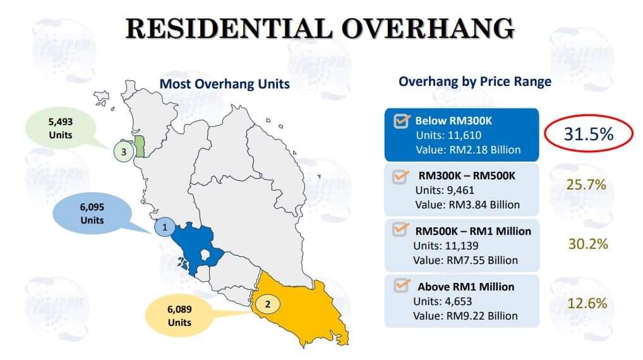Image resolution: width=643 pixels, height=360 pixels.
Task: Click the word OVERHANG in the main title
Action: (x=428, y=28)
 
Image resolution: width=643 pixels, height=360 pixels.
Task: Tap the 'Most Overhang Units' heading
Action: (x=224, y=84)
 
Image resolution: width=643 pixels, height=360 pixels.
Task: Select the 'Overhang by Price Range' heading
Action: (x=475, y=81)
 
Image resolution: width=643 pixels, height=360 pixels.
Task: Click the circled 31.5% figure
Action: (x=589, y=134)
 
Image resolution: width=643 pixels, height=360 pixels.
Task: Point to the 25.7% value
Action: (x=586, y=184)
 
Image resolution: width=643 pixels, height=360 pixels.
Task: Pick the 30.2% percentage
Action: (x=587, y=244)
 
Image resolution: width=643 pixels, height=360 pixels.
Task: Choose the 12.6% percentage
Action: (x=587, y=303)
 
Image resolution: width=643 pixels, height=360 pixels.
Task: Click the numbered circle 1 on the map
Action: (x=165, y=227)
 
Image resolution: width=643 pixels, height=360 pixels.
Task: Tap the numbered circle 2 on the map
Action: (x=268, y=304)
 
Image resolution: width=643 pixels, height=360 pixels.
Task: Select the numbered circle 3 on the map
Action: (x=123, y=152)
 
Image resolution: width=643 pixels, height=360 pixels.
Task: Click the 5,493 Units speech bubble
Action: (x=61, y=129)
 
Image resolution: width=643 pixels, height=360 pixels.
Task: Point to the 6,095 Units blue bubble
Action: (x=93, y=213)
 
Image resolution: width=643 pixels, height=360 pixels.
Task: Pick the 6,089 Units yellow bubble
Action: (x=179, y=316)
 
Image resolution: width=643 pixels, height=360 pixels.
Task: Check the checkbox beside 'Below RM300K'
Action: (x=402, y=121)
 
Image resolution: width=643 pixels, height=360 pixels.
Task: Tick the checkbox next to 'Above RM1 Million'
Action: (x=402, y=285)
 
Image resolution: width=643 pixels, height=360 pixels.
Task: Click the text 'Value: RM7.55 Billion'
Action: (x=466, y=260)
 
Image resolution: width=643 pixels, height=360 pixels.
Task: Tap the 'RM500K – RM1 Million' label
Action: (x=473, y=231)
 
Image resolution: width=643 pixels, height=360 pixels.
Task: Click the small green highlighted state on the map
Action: (x=140, y=147)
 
